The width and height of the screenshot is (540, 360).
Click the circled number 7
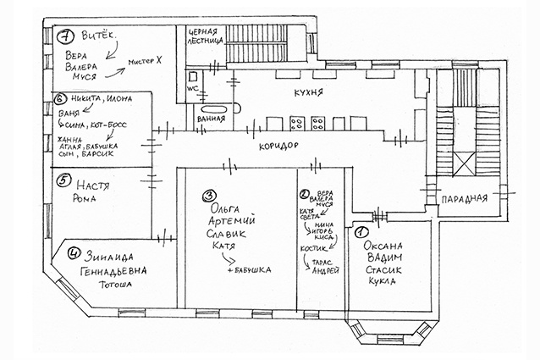(63, 36)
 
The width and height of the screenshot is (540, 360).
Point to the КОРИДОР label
(280, 147)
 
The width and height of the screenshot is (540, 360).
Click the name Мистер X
(144, 62)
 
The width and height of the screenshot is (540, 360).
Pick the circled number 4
(74, 252)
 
